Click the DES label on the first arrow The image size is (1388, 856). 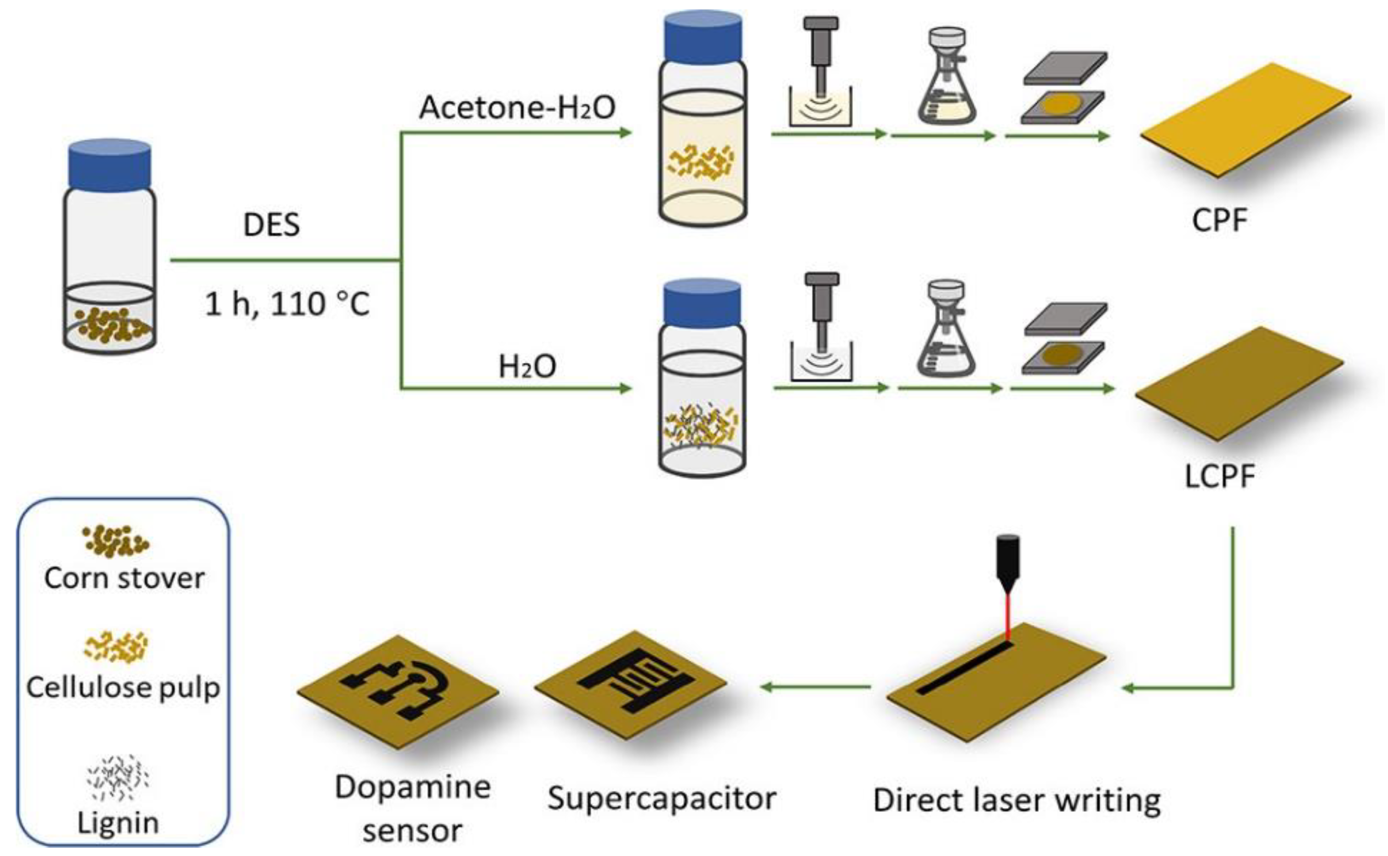(x=271, y=225)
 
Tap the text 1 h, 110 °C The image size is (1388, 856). (x=287, y=304)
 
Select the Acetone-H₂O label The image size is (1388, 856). (x=517, y=108)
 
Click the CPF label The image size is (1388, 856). (x=1219, y=221)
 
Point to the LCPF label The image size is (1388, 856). (x=1219, y=476)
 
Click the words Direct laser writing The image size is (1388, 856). (x=1017, y=800)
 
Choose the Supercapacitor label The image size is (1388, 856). (x=661, y=798)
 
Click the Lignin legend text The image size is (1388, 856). (x=118, y=823)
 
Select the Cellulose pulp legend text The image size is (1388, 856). (x=123, y=688)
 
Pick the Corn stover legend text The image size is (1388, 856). (x=124, y=579)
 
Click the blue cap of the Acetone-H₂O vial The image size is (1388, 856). (x=703, y=37)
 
